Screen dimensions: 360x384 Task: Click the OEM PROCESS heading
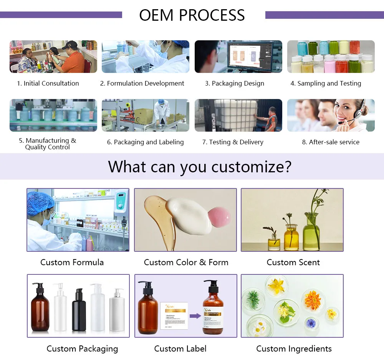click(192, 15)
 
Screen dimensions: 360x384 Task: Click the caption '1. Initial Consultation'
click(48, 83)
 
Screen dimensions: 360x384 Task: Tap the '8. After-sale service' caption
click(331, 142)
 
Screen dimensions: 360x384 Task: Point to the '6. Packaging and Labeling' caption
click(145, 142)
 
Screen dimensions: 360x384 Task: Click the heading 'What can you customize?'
click(200, 167)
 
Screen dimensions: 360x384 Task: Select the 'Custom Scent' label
click(293, 263)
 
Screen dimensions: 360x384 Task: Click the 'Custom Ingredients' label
click(294, 349)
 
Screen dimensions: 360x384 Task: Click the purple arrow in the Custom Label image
click(195, 316)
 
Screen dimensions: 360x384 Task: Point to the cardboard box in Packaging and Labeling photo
click(143, 116)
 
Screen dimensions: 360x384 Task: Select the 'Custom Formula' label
click(72, 263)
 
